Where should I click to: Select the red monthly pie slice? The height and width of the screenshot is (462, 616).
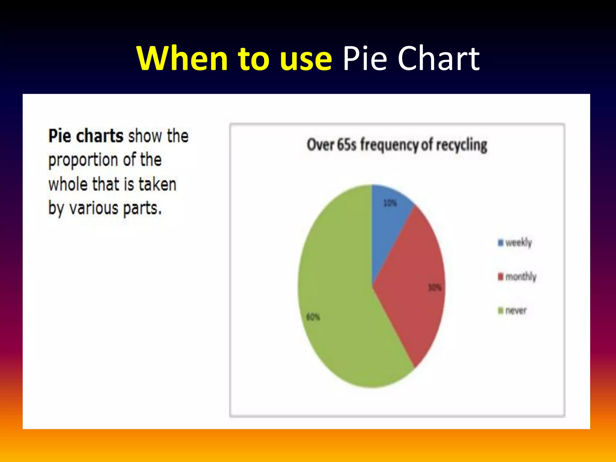click(412, 286)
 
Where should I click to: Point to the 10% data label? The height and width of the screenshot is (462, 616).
click(390, 203)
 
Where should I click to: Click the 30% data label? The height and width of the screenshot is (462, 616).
click(435, 288)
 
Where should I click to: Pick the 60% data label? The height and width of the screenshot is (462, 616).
click(313, 317)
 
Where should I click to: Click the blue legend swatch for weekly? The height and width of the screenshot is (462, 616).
click(500, 242)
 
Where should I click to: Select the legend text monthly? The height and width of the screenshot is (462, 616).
click(521, 276)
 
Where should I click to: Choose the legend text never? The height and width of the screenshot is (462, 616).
click(516, 310)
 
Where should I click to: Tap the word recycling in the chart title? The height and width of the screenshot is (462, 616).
click(461, 145)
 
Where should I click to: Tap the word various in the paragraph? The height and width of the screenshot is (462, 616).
click(94, 208)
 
